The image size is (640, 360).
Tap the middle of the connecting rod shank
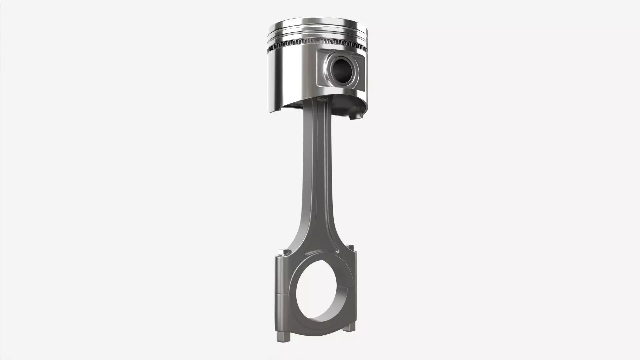pyautogui.click(x=317, y=173)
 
